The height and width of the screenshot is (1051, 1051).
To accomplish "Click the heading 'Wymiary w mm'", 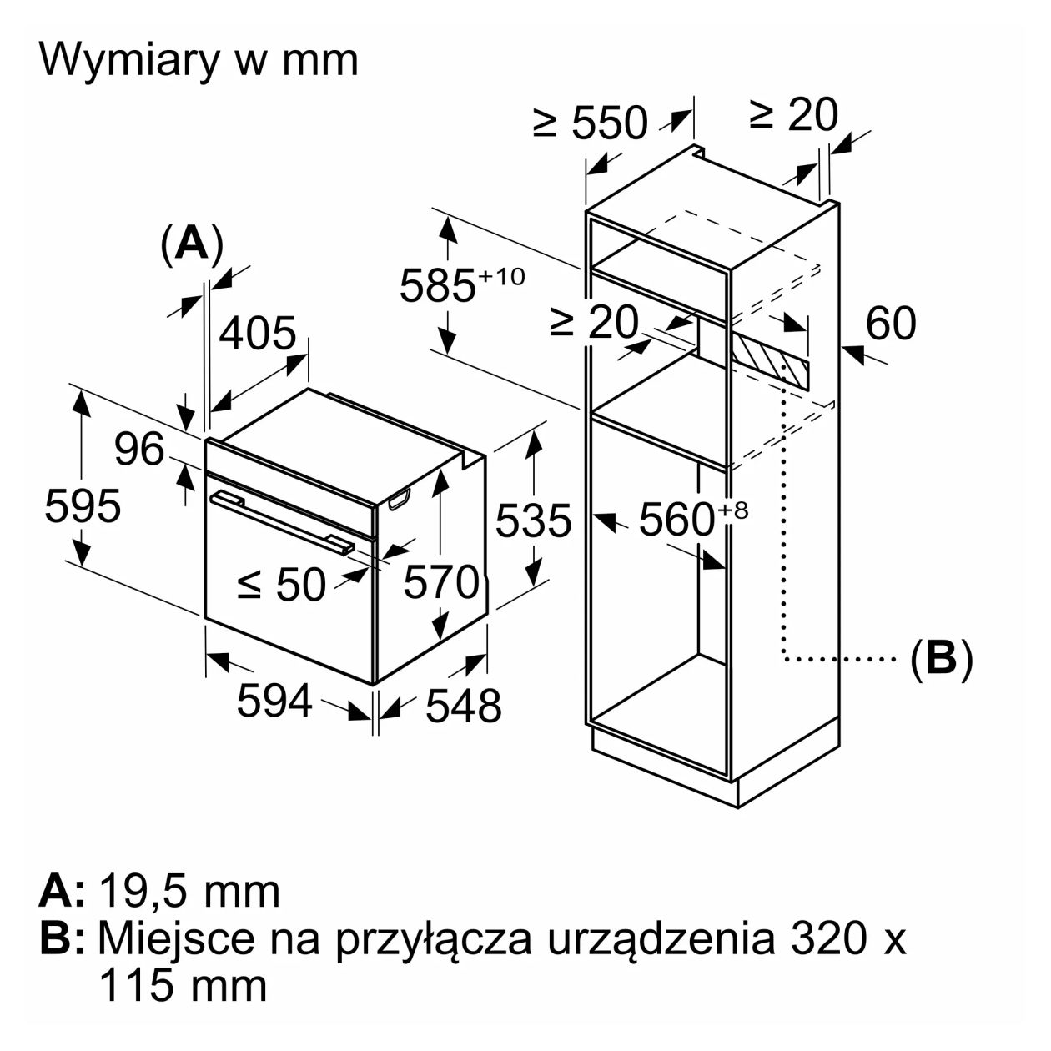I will [199, 60].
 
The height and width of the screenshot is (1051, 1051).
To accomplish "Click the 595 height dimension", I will [83, 506].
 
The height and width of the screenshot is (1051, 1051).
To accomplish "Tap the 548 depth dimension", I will [464, 706].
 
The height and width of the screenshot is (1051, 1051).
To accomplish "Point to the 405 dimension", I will [258, 333].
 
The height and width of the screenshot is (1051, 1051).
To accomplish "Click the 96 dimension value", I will [139, 450].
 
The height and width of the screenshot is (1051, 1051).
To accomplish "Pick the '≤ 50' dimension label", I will [282, 584].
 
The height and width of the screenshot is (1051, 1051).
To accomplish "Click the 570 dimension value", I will [441, 581].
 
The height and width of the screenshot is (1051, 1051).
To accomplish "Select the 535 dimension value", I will [534, 520].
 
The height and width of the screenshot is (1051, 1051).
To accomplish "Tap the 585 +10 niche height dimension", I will [462, 284].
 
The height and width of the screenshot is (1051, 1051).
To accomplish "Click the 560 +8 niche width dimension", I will [692, 520].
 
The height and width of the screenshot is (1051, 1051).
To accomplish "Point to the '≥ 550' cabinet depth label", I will [591, 123].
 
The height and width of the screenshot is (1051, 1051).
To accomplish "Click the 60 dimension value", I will [891, 323].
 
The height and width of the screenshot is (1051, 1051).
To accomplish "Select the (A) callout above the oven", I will [192, 244].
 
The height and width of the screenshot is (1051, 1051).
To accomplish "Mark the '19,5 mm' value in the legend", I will [189, 892].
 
